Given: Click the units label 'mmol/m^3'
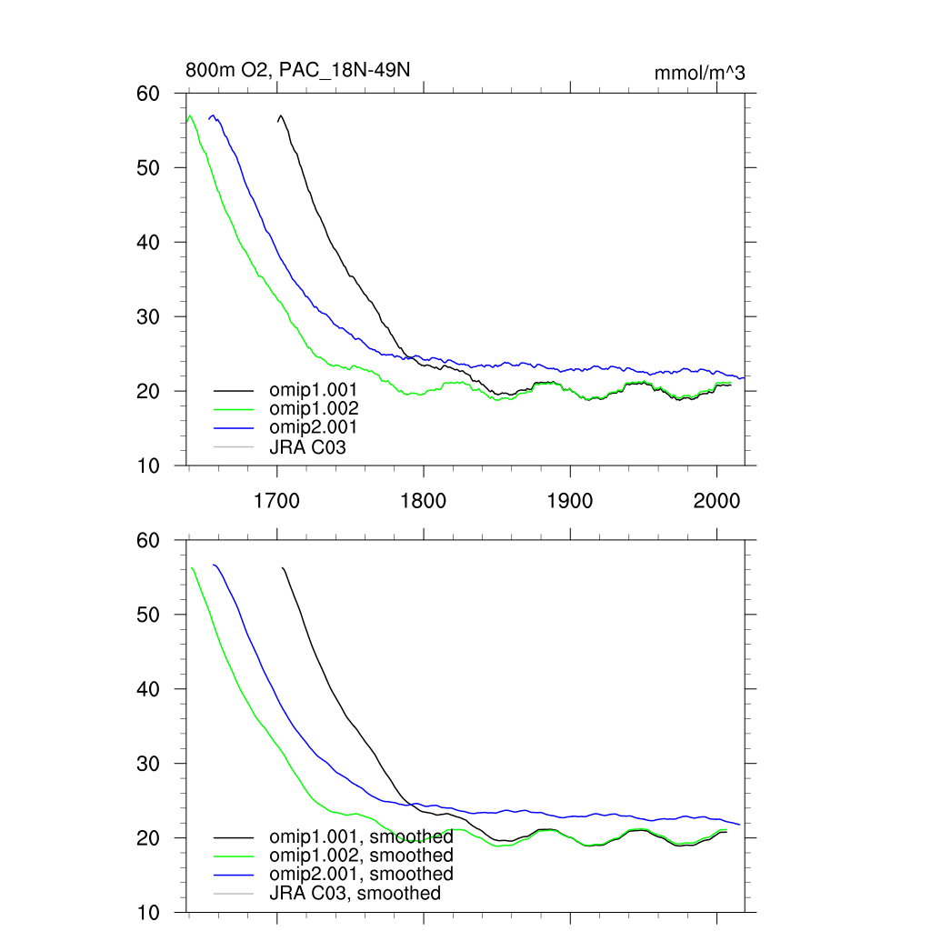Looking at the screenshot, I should pos(699,73).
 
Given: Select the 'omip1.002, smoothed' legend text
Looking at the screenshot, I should pos(361,856).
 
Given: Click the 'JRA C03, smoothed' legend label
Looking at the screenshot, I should pos(355,894).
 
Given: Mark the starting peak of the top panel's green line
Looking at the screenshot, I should pos(189,115).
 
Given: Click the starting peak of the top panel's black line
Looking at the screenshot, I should pos(281,115).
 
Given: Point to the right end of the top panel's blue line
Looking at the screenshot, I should pos(744,377).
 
